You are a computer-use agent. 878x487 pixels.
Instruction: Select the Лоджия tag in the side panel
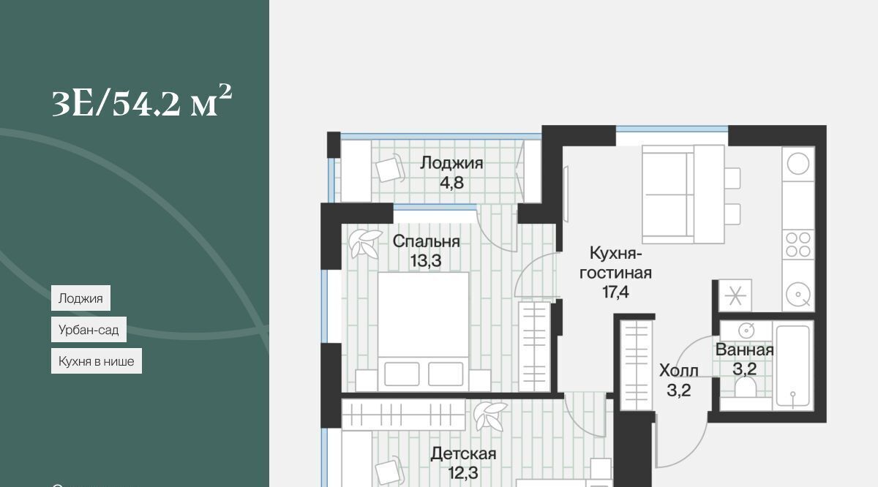point(80,298)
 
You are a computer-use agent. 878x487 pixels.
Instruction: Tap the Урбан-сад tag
point(89,330)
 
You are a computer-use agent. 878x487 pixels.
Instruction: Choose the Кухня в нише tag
point(97,360)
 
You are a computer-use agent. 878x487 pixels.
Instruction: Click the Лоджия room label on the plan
point(451,163)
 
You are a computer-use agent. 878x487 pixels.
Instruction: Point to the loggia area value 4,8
point(452,183)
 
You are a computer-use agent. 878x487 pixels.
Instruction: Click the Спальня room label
point(426,241)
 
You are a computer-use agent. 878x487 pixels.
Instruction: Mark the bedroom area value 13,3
point(426,260)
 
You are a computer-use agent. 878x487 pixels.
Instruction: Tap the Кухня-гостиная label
point(615,263)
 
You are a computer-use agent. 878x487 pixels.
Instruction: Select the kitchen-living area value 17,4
point(616,292)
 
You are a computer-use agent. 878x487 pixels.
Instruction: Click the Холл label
point(679,371)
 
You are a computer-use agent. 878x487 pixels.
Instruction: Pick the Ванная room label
point(744,350)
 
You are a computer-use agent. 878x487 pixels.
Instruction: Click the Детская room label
point(463,453)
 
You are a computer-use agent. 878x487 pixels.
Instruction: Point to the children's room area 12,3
point(463,473)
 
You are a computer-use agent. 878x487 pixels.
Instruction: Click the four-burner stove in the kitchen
point(798,245)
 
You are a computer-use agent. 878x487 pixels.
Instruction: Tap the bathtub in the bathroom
point(792,366)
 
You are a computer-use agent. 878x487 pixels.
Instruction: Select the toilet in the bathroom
point(745,388)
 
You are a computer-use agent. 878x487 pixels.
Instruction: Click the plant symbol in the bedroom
point(364,243)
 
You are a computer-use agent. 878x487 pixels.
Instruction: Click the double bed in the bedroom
point(423,332)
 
